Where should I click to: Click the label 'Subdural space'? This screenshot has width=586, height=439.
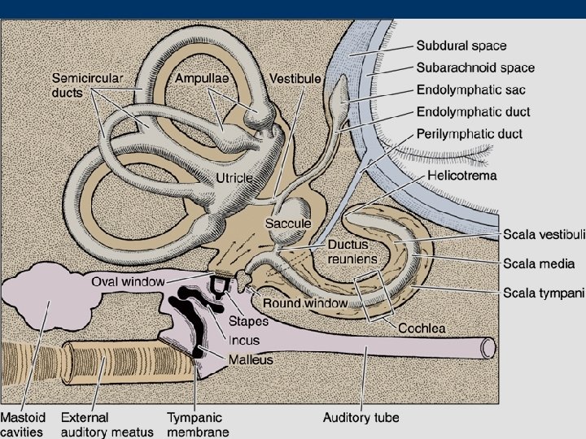coord(461,46)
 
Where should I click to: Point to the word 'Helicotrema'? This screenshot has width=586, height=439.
coord(461,175)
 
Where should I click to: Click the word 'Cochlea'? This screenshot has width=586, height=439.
coord(421,328)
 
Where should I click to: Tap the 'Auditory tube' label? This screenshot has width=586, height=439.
coord(361,418)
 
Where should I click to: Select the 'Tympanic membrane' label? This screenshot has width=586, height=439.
coord(198,424)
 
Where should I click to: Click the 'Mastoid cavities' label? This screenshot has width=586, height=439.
coord(22,424)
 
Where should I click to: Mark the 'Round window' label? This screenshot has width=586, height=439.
coord(304,302)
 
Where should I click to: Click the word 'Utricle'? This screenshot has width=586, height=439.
coord(234,177)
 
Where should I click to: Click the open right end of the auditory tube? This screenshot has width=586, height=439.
coord(488,348)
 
